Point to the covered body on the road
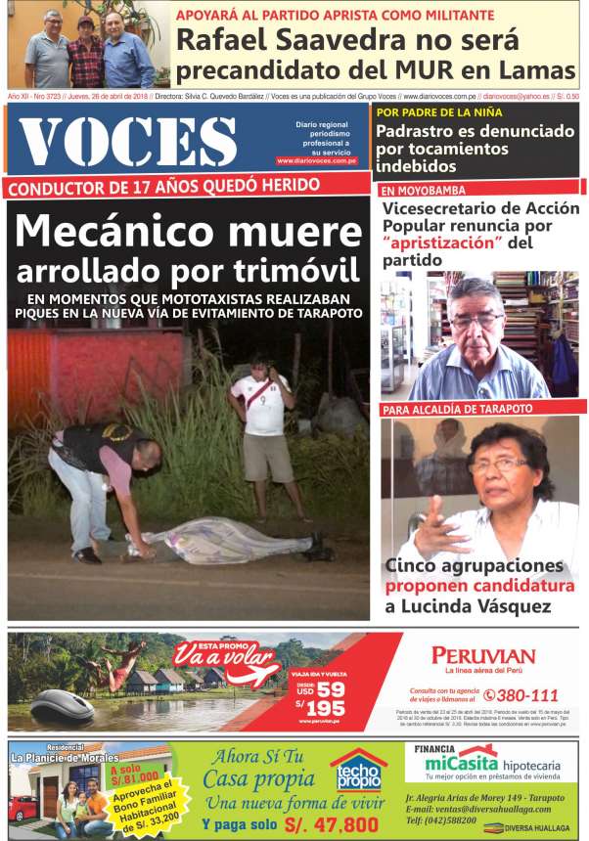point(235,540)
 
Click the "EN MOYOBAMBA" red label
point(424,190)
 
